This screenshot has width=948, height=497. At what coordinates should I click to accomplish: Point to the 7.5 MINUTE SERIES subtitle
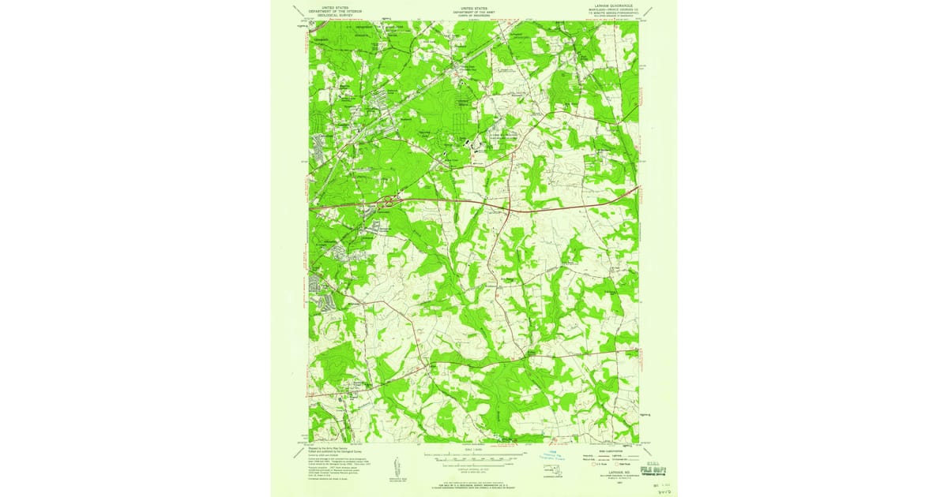[612, 13]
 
